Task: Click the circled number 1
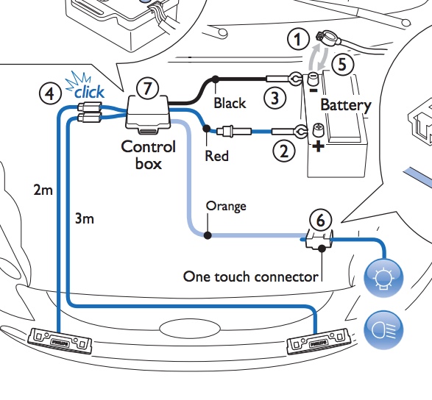(298, 40)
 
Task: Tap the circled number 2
(284, 151)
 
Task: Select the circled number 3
(275, 98)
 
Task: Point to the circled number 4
(50, 94)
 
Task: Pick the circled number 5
(342, 65)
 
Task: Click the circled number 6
(321, 221)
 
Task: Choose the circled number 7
(148, 89)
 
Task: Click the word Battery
(346, 105)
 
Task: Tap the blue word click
(90, 92)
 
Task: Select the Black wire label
(230, 103)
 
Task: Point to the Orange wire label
(226, 207)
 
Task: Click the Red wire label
(217, 156)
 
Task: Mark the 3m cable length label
(85, 219)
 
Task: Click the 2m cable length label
(43, 190)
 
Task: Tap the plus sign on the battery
(318, 146)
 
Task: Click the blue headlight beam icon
(383, 330)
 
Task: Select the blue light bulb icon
(383, 278)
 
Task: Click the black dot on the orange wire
(208, 235)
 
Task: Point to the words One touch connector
(251, 276)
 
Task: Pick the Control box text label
(148, 155)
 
